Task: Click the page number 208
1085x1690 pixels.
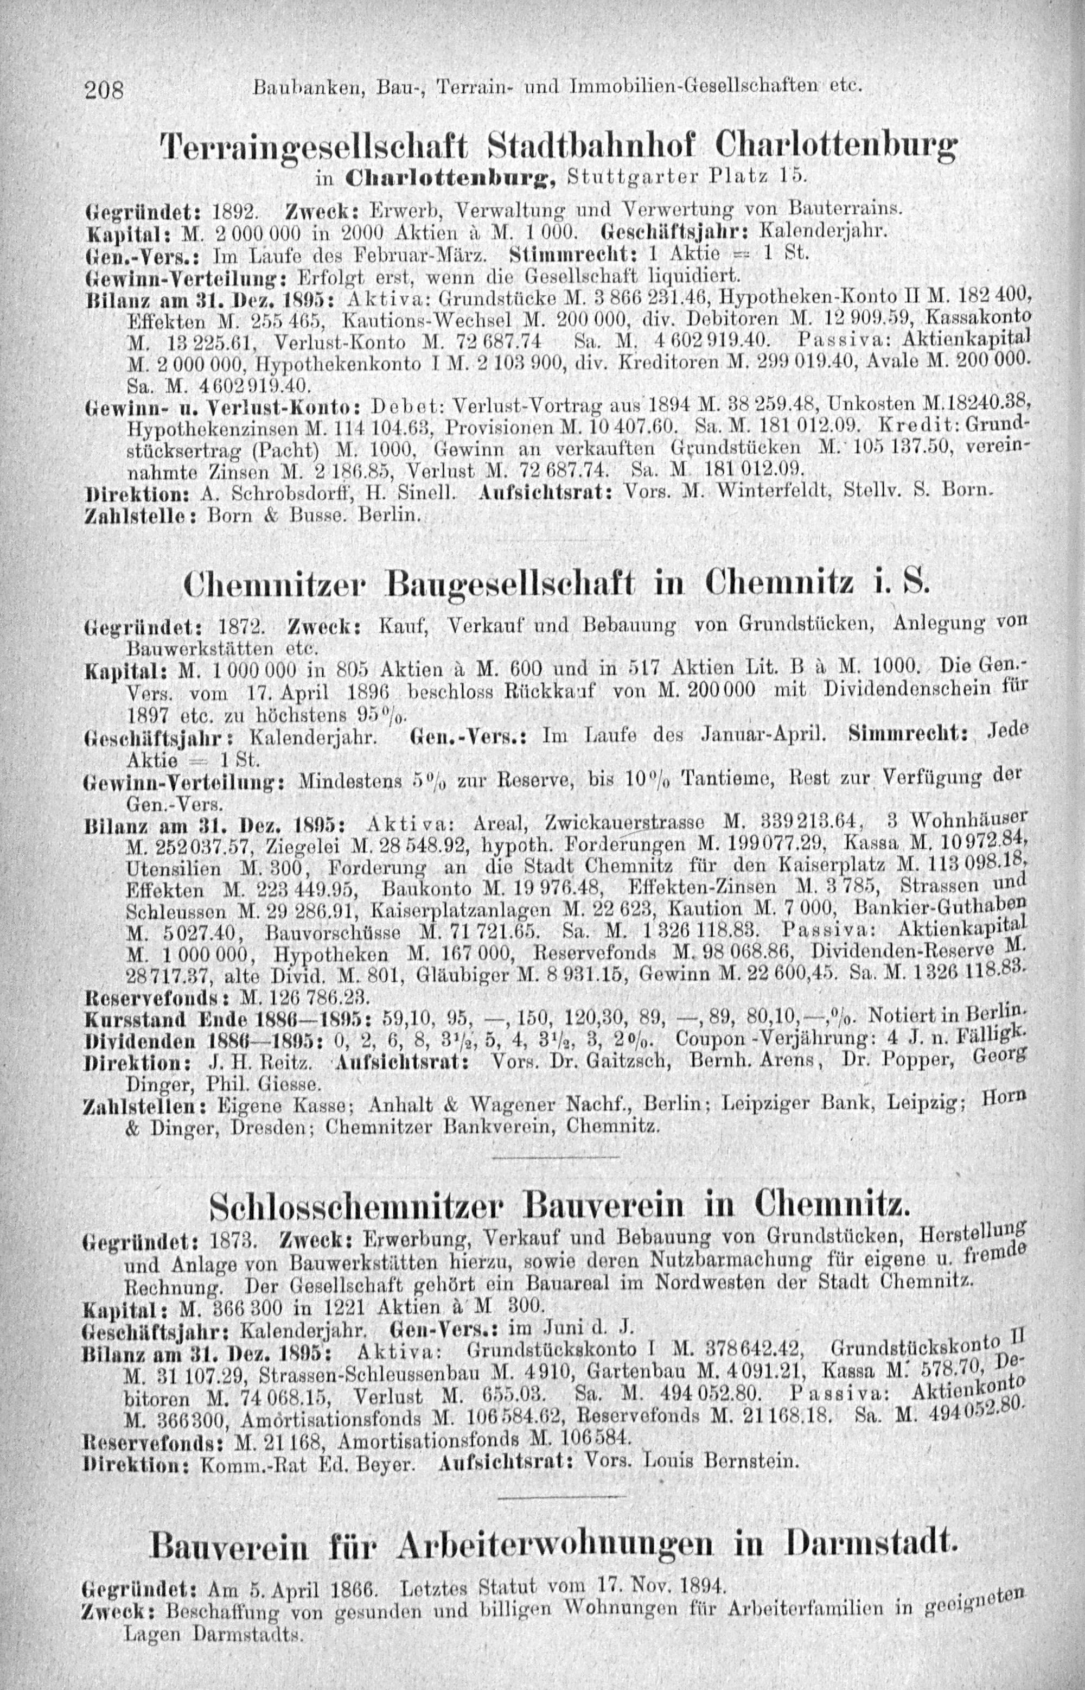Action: coord(104,90)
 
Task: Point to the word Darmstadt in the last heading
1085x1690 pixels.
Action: coord(872,1527)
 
